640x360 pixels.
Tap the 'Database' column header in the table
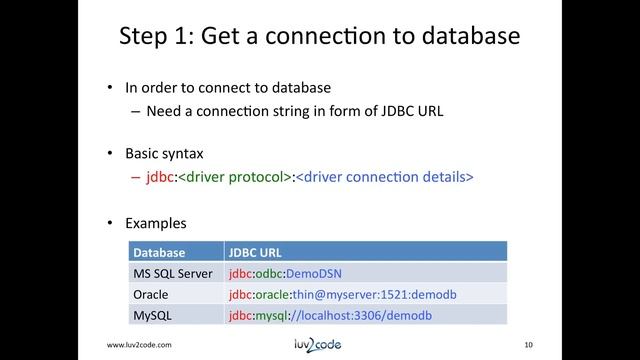[157, 252]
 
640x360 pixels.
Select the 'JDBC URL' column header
[256, 252]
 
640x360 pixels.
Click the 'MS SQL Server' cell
[166, 273]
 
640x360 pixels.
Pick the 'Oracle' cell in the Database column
[151, 294]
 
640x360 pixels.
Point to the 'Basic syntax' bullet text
[164, 155]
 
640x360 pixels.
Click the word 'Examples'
[155, 222]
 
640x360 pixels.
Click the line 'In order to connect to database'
[227, 87]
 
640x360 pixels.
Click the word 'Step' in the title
[143, 37]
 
